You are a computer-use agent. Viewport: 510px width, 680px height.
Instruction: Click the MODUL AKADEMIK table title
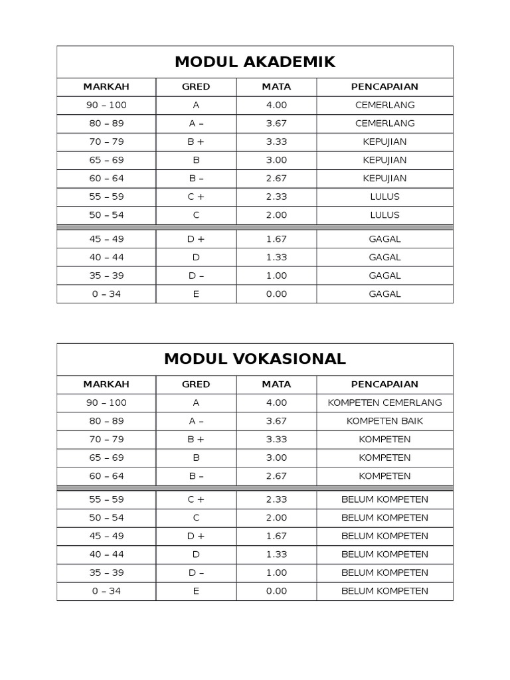(x=254, y=62)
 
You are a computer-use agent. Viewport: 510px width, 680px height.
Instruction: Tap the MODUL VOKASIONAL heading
(x=254, y=359)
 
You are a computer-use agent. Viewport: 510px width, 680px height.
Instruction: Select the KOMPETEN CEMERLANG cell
(x=384, y=402)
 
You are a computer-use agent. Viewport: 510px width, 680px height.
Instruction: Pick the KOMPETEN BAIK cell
(x=384, y=421)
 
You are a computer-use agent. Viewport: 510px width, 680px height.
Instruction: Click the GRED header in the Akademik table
(x=196, y=86)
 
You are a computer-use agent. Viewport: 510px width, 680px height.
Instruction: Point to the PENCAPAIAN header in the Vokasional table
(x=384, y=384)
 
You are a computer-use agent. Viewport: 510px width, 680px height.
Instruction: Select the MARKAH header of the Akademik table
(x=106, y=86)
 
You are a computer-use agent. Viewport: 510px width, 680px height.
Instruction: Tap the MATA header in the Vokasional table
(x=276, y=384)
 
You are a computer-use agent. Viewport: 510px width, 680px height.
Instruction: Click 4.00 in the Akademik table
(x=276, y=105)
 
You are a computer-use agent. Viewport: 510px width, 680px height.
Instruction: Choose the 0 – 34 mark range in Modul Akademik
(x=106, y=294)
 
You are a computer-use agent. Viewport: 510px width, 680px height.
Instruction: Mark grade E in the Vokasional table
(x=196, y=591)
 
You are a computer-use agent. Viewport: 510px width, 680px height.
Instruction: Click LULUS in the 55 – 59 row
(x=384, y=197)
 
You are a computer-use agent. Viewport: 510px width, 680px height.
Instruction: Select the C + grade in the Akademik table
(x=196, y=197)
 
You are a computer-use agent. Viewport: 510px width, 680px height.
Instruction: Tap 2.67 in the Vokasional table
(x=276, y=476)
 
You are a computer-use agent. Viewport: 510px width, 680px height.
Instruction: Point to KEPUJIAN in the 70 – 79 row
(x=384, y=141)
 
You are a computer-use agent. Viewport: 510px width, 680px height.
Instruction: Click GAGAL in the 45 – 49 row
(x=384, y=239)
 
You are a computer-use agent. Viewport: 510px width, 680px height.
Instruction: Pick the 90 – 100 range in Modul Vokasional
(x=106, y=402)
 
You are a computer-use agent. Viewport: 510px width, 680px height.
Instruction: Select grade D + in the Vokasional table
(x=196, y=536)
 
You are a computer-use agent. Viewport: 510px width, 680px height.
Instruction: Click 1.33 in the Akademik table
(x=276, y=257)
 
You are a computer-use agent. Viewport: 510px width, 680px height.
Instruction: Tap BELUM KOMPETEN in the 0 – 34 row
(x=384, y=591)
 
